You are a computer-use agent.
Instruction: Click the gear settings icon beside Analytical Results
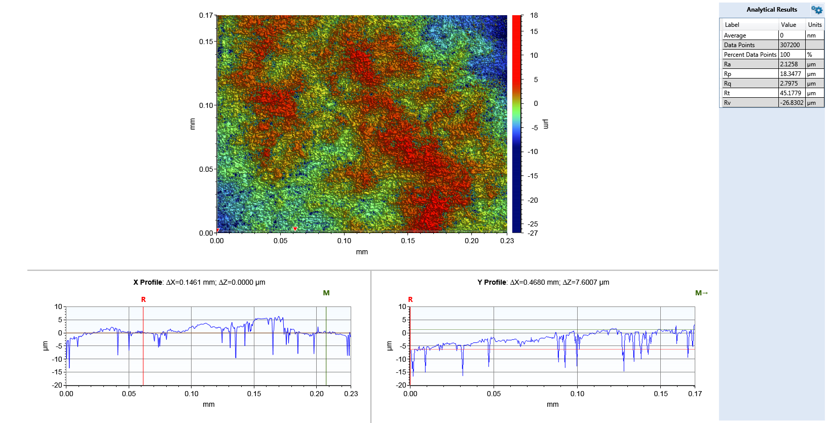pos(816,10)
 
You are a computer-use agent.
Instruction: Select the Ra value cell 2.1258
pos(789,64)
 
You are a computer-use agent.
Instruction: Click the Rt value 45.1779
pos(791,93)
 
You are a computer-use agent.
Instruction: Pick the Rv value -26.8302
pos(792,103)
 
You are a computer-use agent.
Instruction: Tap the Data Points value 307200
pos(790,45)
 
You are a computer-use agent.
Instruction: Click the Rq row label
pos(728,84)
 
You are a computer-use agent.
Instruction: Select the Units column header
pos(814,25)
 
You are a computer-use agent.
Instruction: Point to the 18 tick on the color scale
pos(534,16)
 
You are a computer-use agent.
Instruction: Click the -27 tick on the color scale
pos(533,233)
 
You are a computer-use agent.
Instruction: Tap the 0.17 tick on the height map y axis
pos(206,16)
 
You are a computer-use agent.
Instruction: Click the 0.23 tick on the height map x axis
pos(507,241)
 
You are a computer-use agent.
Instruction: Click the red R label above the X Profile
pos(143,300)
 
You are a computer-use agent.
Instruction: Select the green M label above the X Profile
pos(326,293)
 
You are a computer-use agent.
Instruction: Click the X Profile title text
pos(199,283)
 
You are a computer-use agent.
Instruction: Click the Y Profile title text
pos(543,283)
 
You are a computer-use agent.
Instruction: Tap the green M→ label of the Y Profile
pos(701,293)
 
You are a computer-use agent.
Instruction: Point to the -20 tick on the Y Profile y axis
pos(401,385)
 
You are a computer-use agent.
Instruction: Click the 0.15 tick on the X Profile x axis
pos(254,394)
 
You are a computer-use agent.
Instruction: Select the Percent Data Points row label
pos(749,55)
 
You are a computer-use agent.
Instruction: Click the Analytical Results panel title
pos(771,10)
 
